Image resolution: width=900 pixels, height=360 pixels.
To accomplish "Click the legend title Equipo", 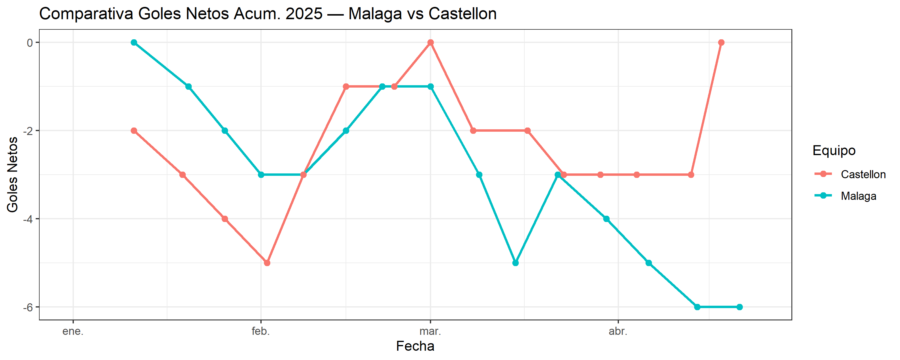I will coord(834,150).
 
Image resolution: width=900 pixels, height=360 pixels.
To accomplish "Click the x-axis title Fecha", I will coord(415,346).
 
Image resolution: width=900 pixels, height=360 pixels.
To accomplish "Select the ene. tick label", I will coord(73,331).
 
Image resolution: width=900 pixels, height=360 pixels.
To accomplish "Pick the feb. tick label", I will coord(261,331).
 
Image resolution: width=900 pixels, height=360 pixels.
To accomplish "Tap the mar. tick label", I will coord(430,331).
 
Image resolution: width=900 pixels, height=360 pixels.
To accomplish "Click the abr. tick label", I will coord(618,331).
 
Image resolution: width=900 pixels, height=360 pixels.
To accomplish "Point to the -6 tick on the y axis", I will coord(28,307).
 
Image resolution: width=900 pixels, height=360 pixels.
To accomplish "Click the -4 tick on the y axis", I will coord(28,219).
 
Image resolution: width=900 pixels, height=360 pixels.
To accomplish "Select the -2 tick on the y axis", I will coord(28,131).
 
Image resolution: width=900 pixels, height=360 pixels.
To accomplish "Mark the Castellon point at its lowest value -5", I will coord(267,263).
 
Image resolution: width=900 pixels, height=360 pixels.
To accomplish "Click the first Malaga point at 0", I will coord(134,43).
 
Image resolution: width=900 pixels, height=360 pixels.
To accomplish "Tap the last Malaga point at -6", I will coord(739,307).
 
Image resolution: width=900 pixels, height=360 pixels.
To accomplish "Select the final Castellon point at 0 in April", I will coord(721,43).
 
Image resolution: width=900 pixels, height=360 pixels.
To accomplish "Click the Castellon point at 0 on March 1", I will coord(430,43).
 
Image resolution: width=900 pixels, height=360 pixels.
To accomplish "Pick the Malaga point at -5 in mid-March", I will coord(515,263).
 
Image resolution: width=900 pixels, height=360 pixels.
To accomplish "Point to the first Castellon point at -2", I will coord(134,131).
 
